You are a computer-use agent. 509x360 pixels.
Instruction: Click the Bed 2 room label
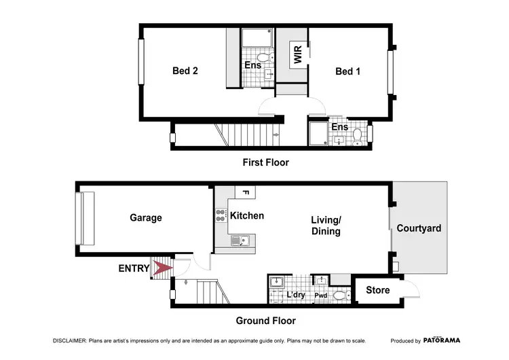(185, 70)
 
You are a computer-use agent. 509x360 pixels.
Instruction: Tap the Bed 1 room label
(347, 71)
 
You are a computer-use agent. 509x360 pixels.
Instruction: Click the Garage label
(146, 218)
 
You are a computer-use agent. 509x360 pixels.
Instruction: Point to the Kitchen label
(247, 216)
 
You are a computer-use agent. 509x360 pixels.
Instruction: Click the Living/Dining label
(325, 226)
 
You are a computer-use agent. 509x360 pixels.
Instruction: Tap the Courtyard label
(419, 228)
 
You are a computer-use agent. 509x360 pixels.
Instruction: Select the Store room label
(378, 290)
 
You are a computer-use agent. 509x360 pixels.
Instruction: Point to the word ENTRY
(134, 269)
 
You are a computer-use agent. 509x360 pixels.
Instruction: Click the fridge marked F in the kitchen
(245, 192)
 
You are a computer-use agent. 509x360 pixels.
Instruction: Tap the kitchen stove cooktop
(221, 216)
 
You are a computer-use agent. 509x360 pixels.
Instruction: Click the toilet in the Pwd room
(341, 294)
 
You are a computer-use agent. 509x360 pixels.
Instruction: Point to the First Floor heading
(265, 162)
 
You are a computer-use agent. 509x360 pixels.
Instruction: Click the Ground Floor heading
(265, 321)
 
